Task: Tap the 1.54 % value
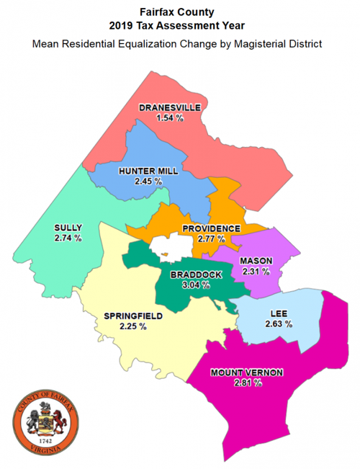point(170,117)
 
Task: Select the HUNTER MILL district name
point(148,171)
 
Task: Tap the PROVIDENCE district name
point(211,228)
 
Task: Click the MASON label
point(256,261)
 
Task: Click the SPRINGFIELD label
point(133,316)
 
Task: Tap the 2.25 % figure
point(133,326)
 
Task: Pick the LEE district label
point(278,314)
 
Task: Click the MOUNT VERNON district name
point(247,372)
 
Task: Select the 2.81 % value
point(248,383)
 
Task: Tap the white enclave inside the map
point(167,249)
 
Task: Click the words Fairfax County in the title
point(178,12)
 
